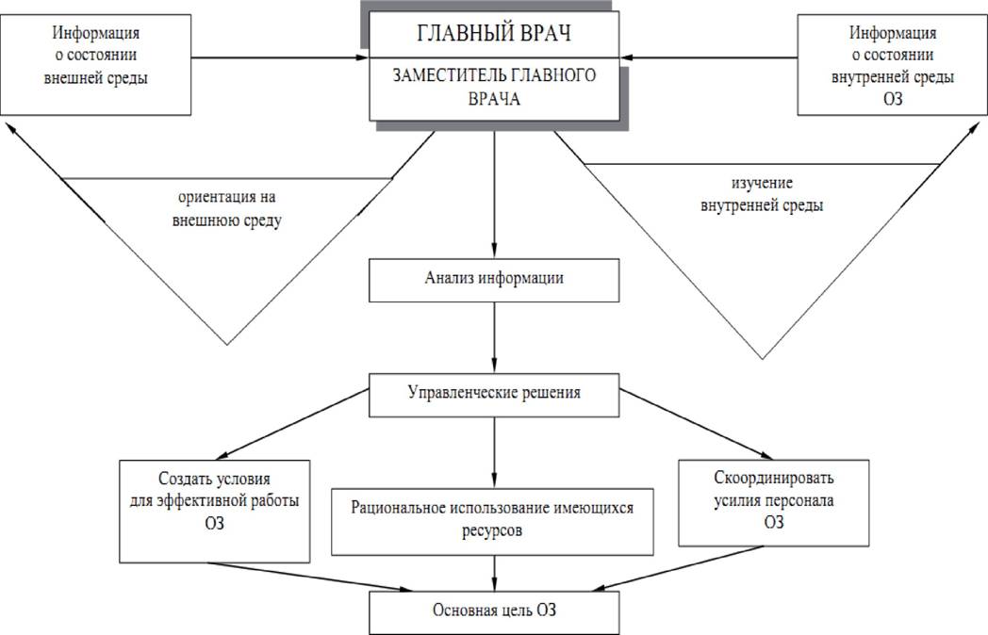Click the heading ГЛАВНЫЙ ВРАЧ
[x=495, y=34]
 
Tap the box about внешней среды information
[x=97, y=61]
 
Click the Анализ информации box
[x=495, y=279]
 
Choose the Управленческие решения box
[x=495, y=391]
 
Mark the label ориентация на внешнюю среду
[x=229, y=209]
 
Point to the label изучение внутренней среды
[x=762, y=193]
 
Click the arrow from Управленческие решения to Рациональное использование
[x=495, y=451]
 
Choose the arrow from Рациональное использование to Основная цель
[x=495, y=571]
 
